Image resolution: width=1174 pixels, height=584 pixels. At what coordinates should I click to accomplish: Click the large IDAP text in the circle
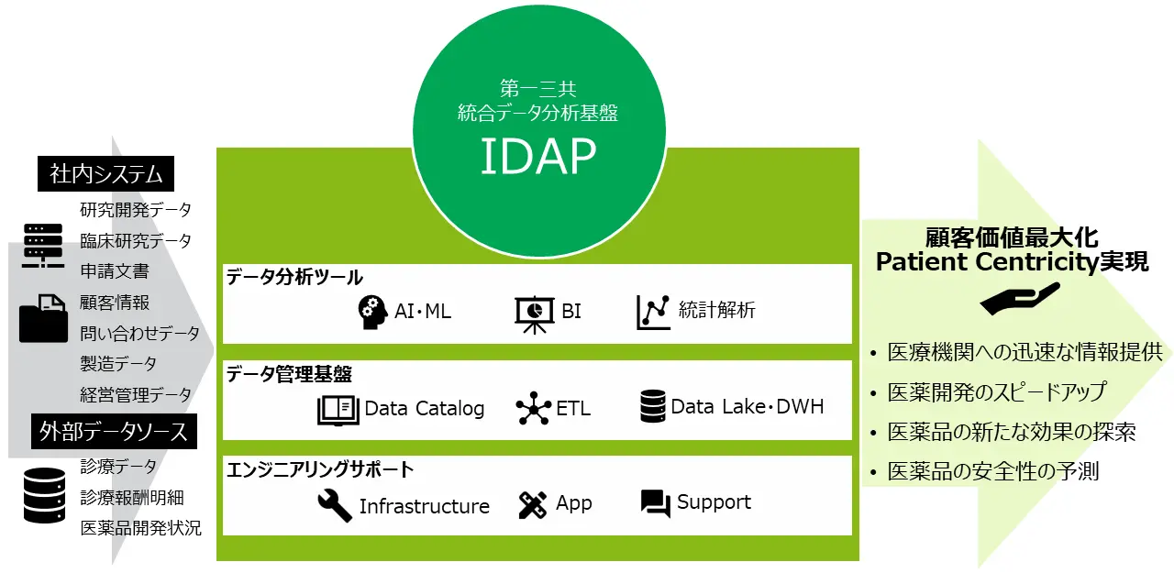[538, 156]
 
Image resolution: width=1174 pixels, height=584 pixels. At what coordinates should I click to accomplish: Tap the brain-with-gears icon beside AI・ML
[372, 312]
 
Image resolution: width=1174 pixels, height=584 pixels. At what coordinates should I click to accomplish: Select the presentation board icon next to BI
[534, 314]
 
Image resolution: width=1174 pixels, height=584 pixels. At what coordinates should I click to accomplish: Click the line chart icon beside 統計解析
[653, 312]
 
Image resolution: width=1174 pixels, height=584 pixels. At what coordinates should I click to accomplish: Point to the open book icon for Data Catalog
[338, 410]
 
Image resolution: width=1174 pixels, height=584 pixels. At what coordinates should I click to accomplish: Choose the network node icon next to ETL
[534, 408]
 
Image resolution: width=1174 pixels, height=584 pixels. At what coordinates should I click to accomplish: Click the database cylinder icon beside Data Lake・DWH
[652, 406]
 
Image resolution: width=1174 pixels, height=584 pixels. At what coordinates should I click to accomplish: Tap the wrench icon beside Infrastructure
[335, 505]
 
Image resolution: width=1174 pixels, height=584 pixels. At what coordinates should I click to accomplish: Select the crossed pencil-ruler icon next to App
[533, 505]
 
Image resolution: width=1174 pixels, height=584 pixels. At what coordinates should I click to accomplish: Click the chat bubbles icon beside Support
[656, 503]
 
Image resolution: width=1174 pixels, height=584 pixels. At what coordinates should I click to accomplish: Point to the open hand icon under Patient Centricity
[1020, 299]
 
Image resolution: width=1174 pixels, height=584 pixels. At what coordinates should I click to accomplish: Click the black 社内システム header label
[105, 174]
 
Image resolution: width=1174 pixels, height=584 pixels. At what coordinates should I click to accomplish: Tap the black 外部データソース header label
[115, 432]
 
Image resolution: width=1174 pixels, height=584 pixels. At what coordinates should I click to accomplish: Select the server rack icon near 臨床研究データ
[43, 246]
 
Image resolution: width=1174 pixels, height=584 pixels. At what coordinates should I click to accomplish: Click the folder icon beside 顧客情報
[43, 318]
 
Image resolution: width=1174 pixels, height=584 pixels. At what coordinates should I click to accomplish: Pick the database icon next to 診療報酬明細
[45, 495]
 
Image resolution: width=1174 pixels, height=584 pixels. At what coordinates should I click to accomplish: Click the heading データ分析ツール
[294, 277]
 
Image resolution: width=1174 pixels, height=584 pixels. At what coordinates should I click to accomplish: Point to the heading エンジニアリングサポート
[320, 469]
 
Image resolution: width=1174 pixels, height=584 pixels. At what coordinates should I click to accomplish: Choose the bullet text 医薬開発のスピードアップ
[997, 392]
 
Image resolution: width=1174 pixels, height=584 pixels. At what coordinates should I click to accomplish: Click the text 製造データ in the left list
[118, 363]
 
